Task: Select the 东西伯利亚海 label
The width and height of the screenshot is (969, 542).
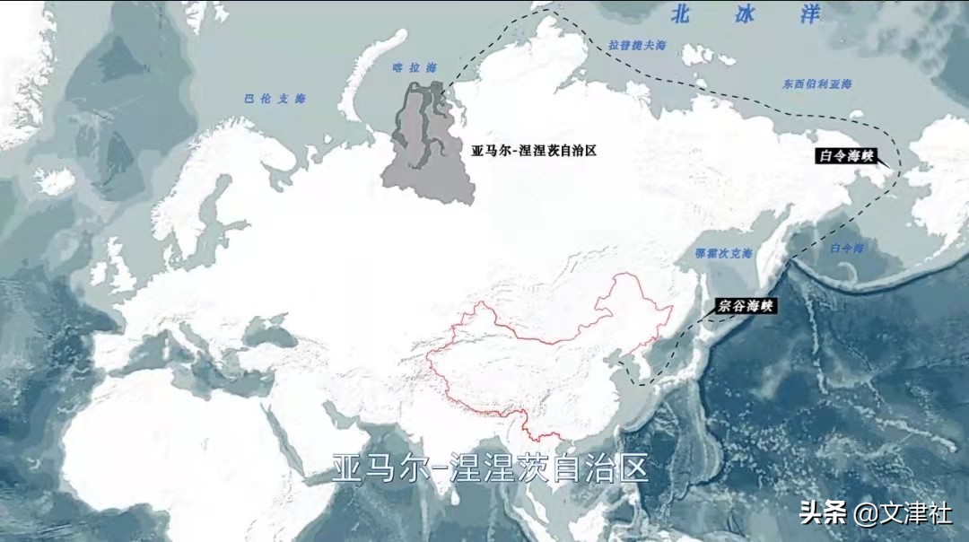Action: (816, 83)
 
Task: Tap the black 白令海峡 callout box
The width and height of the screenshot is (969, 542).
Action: (846, 155)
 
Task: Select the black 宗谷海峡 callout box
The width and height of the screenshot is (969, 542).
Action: (746, 306)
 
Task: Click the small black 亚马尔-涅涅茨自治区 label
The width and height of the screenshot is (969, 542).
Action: (534, 151)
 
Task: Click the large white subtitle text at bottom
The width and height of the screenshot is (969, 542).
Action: (490, 468)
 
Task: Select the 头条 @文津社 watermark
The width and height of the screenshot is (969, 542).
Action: (876, 514)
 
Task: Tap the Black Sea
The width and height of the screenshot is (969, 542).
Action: (269, 333)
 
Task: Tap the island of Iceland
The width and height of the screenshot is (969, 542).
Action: (56, 181)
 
